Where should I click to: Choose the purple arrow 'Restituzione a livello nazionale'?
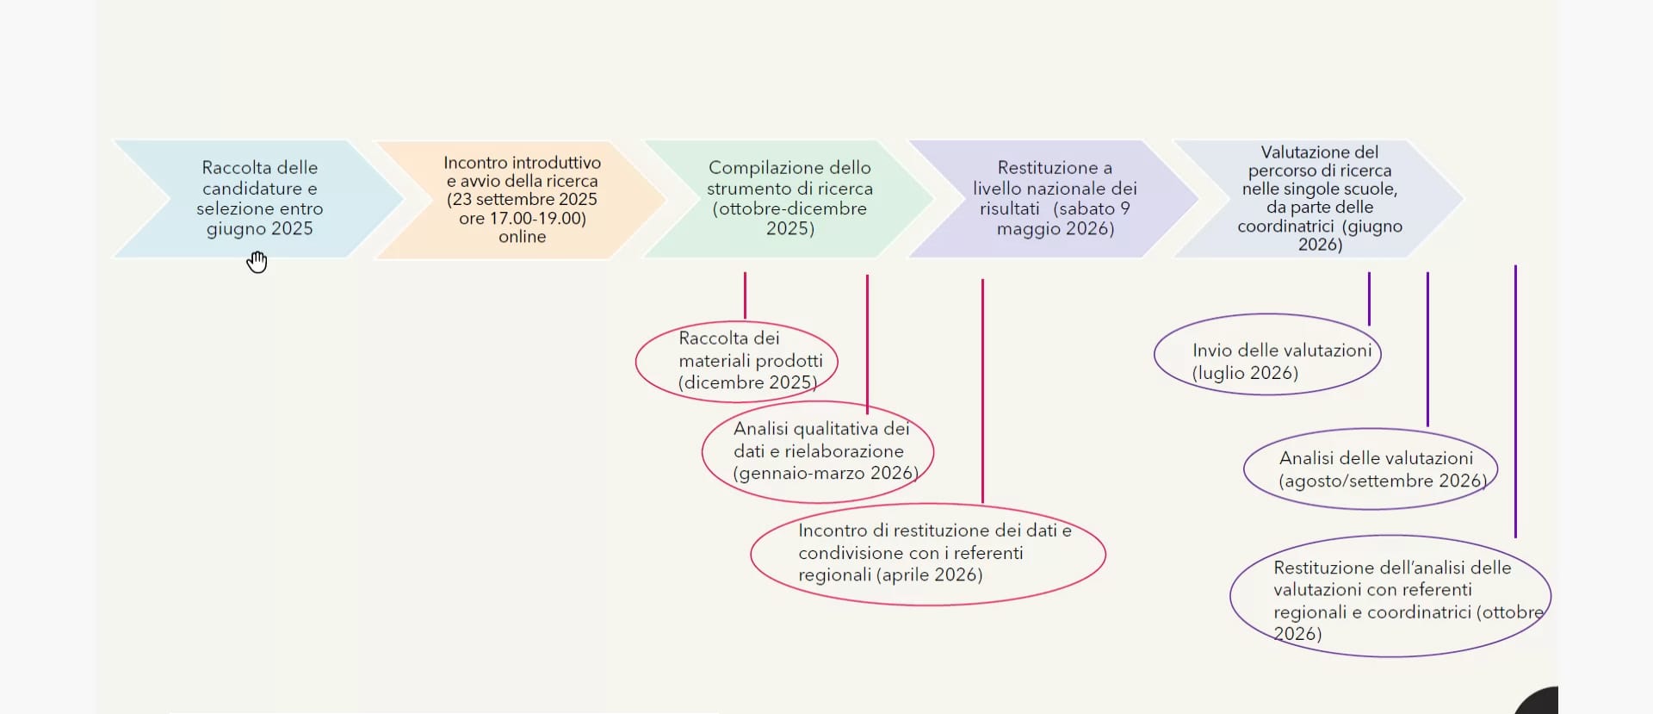pyautogui.click(x=1056, y=199)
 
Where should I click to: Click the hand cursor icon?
pyautogui.click(x=257, y=262)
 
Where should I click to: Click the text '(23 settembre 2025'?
pyautogui.click(x=522, y=200)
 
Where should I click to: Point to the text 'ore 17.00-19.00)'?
pyautogui.click(x=523, y=219)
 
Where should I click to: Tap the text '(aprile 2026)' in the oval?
pyautogui.click(x=929, y=575)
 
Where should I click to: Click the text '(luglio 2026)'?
pyautogui.click(x=1245, y=373)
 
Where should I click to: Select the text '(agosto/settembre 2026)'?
pyautogui.click(x=1383, y=481)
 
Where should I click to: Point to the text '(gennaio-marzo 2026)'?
pyautogui.click(x=826, y=473)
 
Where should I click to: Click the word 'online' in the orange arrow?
pyautogui.click(x=523, y=237)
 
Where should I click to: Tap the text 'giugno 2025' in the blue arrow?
pyautogui.click(x=260, y=229)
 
